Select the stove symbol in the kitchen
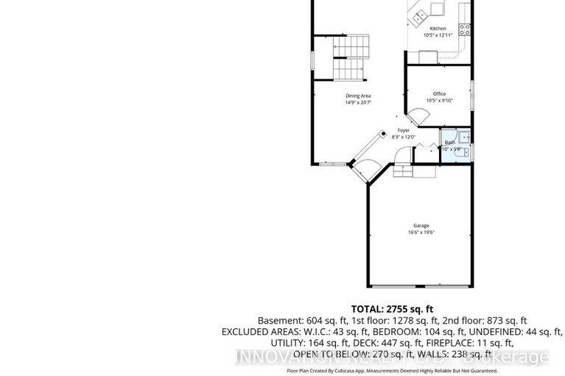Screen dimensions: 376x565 pyautogui.click(x=465, y=29)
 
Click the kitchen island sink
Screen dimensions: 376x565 pyautogui.click(x=421, y=14)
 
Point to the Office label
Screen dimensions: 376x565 pyautogui.click(x=439, y=94)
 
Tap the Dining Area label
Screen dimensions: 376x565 pyautogui.click(x=358, y=96)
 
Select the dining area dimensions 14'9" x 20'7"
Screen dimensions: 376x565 pyautogui.click(x=358, y=103)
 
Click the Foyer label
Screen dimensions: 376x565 pyautogui.click(x=404, y=130)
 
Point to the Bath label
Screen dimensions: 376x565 pyautogui.click(x=449, y=143)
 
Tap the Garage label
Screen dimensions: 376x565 pyautogui.click(x=421, y=225)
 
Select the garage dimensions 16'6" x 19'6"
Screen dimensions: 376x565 pyautogui.click(x=421, y=233)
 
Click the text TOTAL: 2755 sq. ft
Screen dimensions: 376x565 pyautogui.click(x=393, y=308)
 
